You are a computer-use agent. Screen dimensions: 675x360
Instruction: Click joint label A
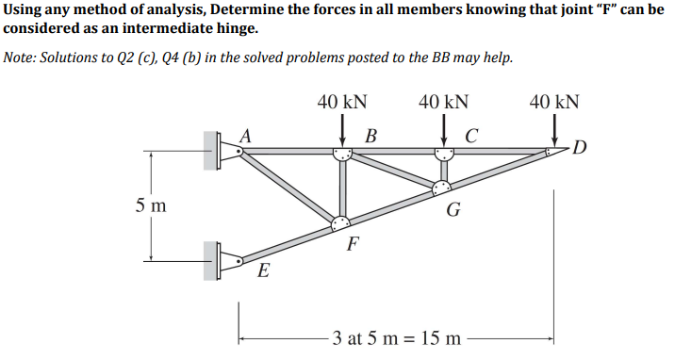tap(246, 135)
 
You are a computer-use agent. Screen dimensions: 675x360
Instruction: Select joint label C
tap(471, 135)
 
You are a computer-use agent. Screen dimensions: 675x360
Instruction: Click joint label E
tap(264, 273)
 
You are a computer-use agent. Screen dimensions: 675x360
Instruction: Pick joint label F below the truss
tap(352, 248)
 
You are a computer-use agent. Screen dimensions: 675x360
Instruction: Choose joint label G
tap(453, 208)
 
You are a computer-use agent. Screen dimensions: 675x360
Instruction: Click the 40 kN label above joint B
tap(342, 102)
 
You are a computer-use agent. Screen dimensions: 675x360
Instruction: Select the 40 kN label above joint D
tap(554, 102)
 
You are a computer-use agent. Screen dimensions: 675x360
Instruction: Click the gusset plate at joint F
tap(340, 223)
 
